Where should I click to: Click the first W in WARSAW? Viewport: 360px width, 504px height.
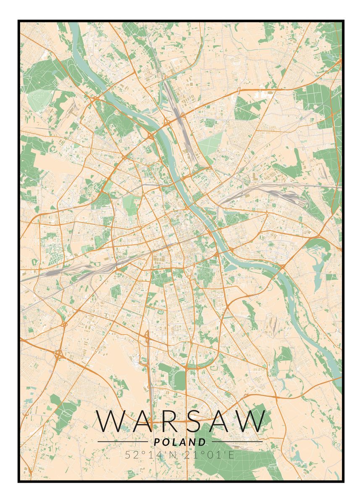coord(110,421)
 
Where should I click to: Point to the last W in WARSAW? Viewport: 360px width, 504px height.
coord(250,421)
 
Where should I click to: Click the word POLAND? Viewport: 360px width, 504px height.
coord(180,442)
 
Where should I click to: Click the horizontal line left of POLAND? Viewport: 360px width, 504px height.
coord(122,442)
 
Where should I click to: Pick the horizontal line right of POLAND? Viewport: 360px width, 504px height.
coord(237,442)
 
